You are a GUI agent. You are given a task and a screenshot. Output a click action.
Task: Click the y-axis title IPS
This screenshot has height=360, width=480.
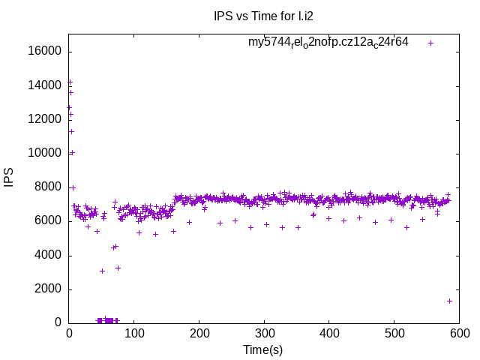[x=9, y=178]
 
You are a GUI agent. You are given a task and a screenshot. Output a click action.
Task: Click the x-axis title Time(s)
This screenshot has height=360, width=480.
[x=263, y=349]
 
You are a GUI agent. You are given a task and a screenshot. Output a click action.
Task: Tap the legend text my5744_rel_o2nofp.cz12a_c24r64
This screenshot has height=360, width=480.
[x=328, y=42]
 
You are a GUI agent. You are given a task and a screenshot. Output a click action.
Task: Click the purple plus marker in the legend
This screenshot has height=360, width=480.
[x=431, y=43]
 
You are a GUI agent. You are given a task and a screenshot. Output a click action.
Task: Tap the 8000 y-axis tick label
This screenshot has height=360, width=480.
[x=49, y=187]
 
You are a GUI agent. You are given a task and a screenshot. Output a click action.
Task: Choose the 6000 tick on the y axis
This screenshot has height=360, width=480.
[x=49, y=221]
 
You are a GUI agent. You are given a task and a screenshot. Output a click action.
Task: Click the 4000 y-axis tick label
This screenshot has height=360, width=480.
[x=49, y=255]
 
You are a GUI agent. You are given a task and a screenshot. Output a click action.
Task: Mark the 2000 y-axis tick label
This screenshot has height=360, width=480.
[x=49, y=289]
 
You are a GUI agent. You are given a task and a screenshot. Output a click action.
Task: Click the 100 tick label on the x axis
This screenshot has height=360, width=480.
[x=134, y=333]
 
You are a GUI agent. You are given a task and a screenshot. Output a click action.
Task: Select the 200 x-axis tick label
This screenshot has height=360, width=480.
[x=199, y=333]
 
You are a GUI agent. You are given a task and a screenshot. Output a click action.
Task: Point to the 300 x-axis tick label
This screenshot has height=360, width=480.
[x=264, y=333]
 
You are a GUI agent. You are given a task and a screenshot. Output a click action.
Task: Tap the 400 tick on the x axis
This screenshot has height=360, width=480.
[x=329, y=333]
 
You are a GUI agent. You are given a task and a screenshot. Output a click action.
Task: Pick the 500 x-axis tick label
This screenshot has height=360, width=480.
[x=394, y=333]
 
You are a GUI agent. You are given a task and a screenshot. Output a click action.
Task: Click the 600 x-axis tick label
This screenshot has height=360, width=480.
[x=459, y=333]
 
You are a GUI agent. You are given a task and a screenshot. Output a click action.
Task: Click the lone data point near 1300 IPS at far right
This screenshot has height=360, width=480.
[x=449, y=301]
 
